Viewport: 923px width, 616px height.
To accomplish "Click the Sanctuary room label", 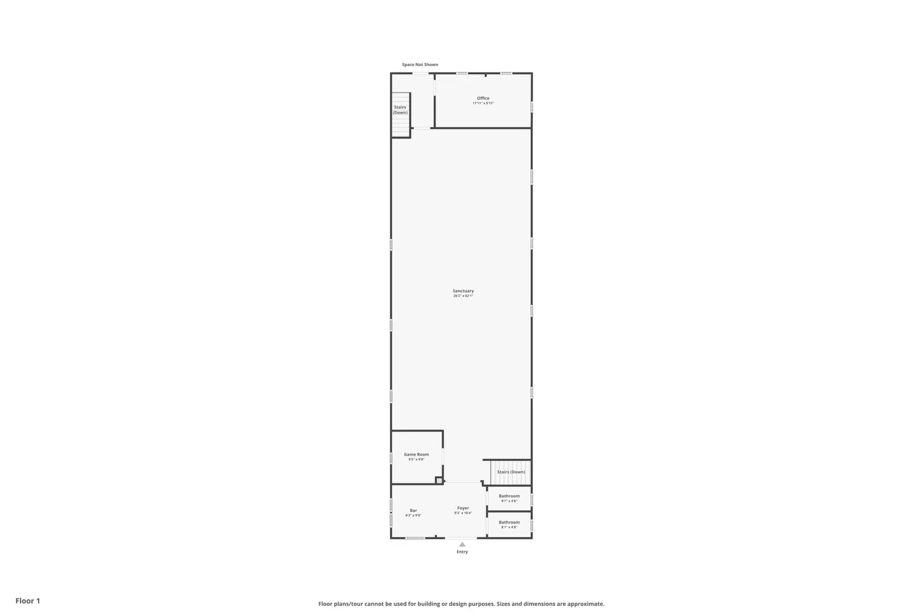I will point(463,291).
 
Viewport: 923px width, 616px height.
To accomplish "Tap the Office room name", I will point(483,98).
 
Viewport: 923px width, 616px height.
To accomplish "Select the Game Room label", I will point(416,455).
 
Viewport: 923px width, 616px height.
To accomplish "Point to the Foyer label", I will point(463,508).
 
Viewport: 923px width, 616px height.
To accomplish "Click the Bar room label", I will point(413,510).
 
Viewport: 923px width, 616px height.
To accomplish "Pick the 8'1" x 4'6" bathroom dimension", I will point(509,501).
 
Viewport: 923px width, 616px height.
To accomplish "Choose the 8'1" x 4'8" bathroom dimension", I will point(509,528).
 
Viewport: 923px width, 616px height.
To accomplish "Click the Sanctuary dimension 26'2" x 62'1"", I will point(463,296).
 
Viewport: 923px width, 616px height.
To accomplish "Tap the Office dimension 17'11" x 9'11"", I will point(483,103).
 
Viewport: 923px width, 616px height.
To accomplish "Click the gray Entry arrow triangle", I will point(462,545).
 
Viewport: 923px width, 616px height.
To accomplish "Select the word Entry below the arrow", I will point(462,552).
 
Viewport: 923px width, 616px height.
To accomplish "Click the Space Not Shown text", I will point(420,64).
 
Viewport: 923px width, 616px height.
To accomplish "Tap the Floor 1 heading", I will point(28,601).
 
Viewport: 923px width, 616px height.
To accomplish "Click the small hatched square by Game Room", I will point(439,481).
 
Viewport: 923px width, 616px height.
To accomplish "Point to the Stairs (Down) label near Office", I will point(400,110).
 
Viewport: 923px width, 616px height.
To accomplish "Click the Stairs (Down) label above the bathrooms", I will point(511,472).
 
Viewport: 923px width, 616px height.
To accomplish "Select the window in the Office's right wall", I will point(532,107).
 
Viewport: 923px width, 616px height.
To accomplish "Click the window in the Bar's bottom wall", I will point(415,538).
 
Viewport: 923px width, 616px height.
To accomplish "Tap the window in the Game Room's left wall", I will point(391,457).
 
